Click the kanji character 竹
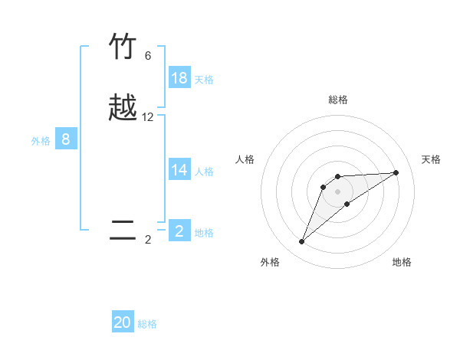coord(123,47)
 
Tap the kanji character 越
coord(123,109)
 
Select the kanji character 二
coord(123,231)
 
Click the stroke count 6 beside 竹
coord(148,56)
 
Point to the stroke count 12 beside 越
coord(148,117)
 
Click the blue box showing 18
coord(179,78)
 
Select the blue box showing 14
coord(179,170)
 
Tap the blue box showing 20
coord(123,322)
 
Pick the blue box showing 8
coord(66,139)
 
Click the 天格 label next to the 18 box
coord(204,80)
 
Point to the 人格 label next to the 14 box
coord(204,172)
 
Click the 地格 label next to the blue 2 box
coord(204,233)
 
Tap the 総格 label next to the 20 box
coord(147,324)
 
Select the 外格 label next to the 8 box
coord(41,141)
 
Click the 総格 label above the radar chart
coord(338,100)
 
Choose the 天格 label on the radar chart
coord(432,159)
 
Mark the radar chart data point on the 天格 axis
coord(396,172)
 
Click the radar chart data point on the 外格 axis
coord(302,242)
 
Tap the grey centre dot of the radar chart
coord(338,191)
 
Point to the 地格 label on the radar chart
coord(402,262)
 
